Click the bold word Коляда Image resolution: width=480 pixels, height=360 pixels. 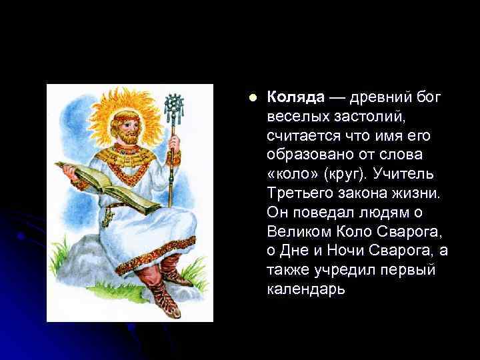pos(294,97)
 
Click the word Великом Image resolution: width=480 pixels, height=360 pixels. pos(297,232)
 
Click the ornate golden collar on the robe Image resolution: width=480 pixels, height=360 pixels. pos(136,157)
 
